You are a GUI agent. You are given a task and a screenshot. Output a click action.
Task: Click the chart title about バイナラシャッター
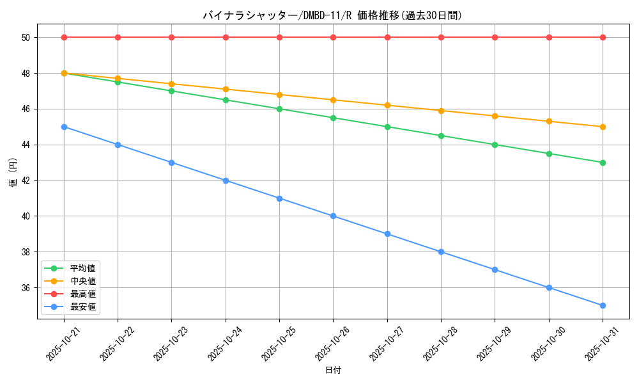tap(332, 15)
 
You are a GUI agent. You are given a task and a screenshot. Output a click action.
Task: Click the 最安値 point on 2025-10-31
tap(603, 305)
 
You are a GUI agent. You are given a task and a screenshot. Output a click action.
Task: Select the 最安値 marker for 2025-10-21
tap(64, 127)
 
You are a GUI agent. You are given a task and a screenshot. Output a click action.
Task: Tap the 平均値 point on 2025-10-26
tap(333, 118)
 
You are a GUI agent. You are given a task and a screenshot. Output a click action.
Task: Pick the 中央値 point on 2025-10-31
tap(603, 127)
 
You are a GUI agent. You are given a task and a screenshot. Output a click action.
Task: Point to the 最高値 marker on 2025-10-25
tap(279, 37)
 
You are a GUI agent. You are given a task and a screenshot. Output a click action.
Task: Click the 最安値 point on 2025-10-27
tap(387, 234)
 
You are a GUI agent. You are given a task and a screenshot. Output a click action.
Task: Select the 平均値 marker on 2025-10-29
tap(495, 145)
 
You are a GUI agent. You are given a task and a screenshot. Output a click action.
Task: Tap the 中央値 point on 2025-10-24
tap(226, 89)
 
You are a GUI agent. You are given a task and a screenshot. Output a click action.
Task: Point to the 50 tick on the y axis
tap(27, 37)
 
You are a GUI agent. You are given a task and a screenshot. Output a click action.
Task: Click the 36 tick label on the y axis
tap(27, 288)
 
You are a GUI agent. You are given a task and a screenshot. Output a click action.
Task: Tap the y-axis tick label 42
tap(27, 180)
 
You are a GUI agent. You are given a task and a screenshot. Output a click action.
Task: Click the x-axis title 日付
tap(333, 371)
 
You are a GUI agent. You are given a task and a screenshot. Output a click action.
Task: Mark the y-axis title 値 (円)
tap(13, 173)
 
